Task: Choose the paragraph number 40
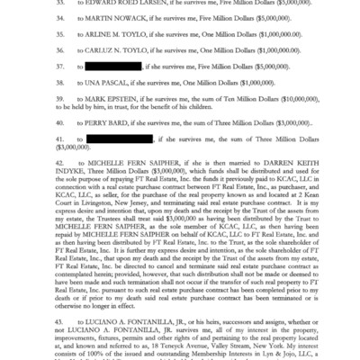pos(34,148)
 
